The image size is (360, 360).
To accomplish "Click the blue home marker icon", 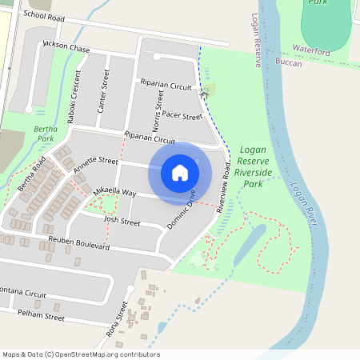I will click(180, 172).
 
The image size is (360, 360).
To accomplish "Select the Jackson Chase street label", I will click(66, 48).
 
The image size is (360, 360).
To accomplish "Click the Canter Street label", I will click(102, 90).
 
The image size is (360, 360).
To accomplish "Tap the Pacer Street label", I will click(182, 117).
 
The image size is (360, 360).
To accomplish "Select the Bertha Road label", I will click(33, 176).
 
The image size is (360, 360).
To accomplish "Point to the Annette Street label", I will click(96, 165).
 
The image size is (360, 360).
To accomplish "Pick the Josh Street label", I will click(122, 220).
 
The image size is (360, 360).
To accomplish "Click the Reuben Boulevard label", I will click(78, 240).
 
